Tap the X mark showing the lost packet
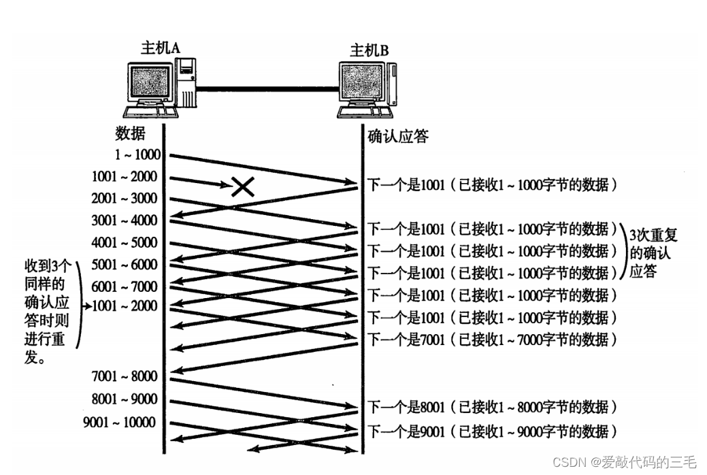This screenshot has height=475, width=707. pyautogui.click(x=242, y=185)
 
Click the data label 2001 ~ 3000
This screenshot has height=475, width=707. pyautogui.click(x=124, y=199)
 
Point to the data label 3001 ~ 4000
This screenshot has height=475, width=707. pyautogui.click(x=124, y=220)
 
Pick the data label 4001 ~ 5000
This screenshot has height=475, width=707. pyautogui.click(x=124, y=242)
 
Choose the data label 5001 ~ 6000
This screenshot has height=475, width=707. pyautogui.click(x=124, y=264)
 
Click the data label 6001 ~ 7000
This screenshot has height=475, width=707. pyautogui.click(x=124, y=286)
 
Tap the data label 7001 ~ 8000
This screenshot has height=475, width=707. pyautogui.click(x=124, y=376)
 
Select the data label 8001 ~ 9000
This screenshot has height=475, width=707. pyautogui.click(x=124, y=399)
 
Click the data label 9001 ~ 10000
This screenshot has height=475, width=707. pyautogui.click(x=119, y=423)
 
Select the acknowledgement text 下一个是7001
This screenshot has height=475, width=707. pyautogui.click(x=406, y=338)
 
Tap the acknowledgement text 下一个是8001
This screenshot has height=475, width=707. pyautogui.click(x=406, y=407)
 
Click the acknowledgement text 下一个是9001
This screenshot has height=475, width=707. pyautogui.click(x=406, y=431)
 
